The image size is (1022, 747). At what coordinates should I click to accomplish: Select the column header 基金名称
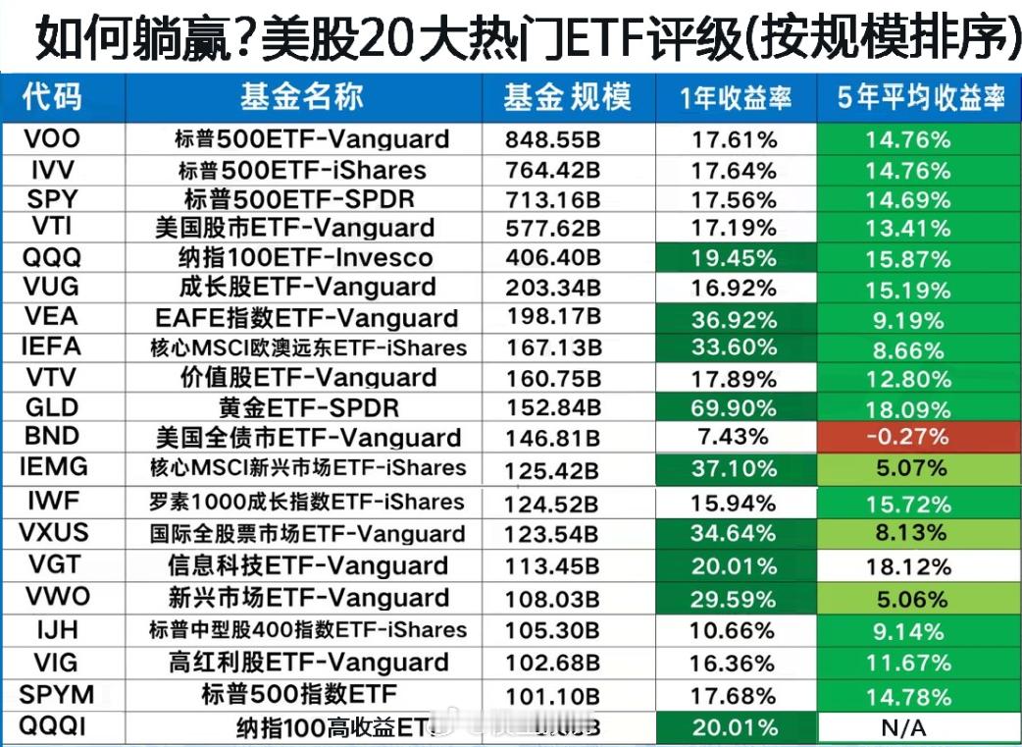(x=302, y=96)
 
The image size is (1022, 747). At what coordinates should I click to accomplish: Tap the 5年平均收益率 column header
(x=920, y=97)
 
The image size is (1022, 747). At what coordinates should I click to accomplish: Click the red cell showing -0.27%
(x=907, y=438)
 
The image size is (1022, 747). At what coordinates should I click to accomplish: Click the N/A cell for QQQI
(x=907, y=728)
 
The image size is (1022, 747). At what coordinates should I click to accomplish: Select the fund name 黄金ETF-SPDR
(x=309, y=407)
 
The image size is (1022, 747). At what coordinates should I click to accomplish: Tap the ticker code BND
(x=51, y=436)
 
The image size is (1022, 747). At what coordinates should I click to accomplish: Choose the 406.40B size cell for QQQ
(x=552, y=258)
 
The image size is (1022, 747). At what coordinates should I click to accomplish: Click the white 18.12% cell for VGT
(x=907, y=566)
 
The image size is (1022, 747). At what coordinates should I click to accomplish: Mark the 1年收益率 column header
(x=735, y=97)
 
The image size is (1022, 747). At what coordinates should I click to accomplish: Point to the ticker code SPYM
(x=57, y=695)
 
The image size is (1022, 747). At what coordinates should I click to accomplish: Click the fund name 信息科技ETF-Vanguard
(x=309, y=566)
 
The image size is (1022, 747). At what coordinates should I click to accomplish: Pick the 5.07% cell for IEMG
(x=907, y=468)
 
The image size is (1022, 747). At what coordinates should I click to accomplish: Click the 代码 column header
(x=53, y=96)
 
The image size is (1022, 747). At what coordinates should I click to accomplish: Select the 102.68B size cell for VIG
(x=552, y=663)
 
